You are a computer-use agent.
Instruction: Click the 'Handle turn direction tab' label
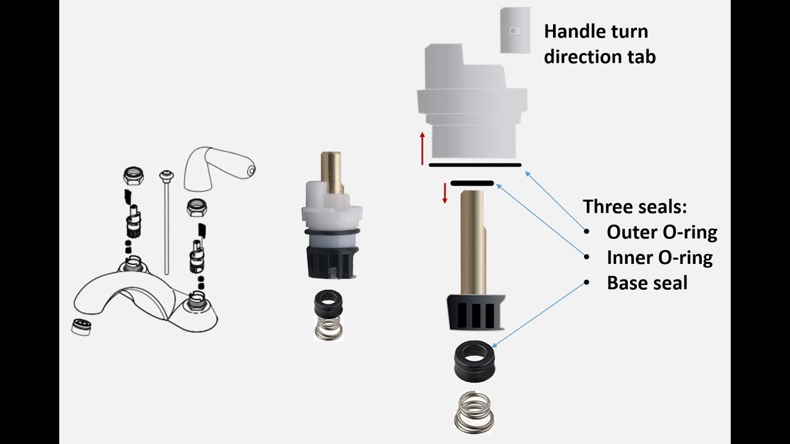(599, 44)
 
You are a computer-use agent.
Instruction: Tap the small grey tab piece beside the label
(515, 30)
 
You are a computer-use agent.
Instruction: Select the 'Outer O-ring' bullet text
(662, 232)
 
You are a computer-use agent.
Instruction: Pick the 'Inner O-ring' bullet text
(660, 258)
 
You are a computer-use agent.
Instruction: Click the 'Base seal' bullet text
(647, 283)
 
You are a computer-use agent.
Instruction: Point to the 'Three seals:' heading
(635, 206)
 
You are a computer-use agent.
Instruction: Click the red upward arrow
(422, 149)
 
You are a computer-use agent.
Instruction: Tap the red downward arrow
(445, 193)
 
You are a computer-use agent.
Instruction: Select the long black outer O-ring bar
(475, 165)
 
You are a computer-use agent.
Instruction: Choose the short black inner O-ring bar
(472, 183)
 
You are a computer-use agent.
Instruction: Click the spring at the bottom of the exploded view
(473, 412)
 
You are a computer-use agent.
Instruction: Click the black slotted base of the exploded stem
(475, 312)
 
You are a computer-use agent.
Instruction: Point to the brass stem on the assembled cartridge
(331, 173)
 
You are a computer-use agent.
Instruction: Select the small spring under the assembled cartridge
(328, 328)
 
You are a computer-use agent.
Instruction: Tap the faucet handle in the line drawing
(218, 168)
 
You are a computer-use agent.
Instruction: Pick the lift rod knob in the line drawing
(167, 175)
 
